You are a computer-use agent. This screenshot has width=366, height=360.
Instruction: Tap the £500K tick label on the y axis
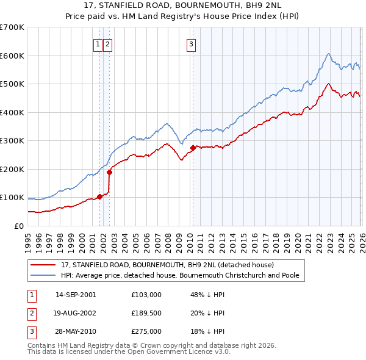click(12, 84)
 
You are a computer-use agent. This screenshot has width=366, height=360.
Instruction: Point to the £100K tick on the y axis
click(12, 198)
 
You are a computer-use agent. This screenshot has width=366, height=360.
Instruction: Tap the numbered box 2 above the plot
click(107, 43)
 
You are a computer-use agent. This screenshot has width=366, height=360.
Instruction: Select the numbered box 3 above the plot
click(191, 43)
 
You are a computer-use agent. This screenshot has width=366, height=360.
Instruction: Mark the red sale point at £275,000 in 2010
click(193, 148)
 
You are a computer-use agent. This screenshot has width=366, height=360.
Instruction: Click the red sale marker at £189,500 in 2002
click(110, 172)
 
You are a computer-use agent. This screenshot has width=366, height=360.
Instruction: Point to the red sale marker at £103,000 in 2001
click(99, 196)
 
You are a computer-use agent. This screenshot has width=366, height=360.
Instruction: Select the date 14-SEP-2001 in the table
click(76, 295)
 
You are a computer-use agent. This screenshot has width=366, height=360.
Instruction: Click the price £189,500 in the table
click(146, 313)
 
